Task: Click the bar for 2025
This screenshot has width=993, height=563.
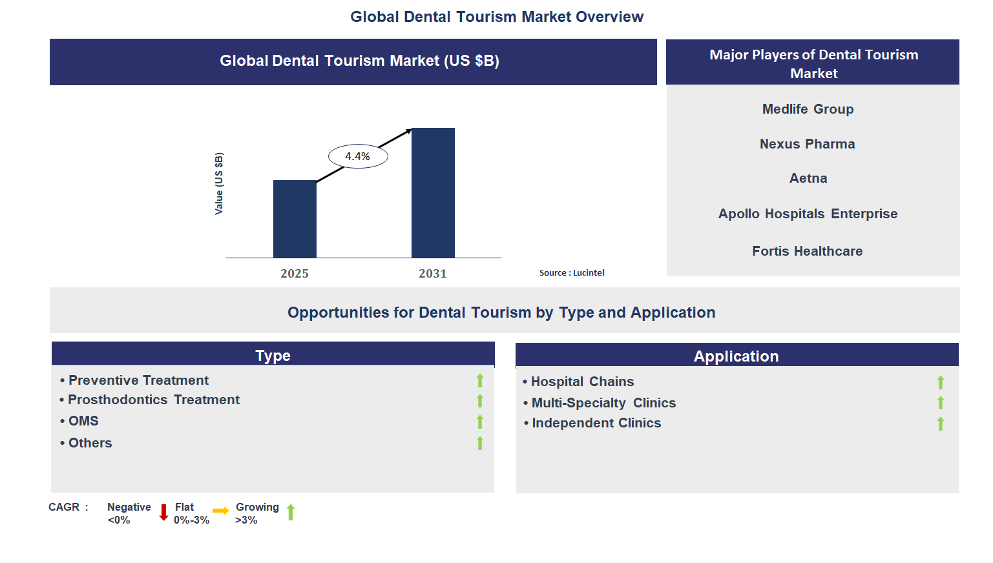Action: (x=295, y=219)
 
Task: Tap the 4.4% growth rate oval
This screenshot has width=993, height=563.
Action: (x=358, y=156)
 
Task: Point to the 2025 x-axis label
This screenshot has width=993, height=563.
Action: (x=295, y=273)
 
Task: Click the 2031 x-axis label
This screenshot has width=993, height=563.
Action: (x=433, y=273)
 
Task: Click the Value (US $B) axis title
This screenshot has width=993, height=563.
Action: (x=219, y=184)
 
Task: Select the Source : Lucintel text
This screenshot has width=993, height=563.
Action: (x=572, y=272)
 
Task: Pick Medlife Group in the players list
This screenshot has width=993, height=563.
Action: (x=808, y=109)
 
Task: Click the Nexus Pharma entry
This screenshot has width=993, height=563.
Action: (x=807, y=144)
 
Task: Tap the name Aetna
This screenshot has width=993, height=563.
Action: (x=808, y=178)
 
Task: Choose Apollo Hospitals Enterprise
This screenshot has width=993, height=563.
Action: (x=808, y=214)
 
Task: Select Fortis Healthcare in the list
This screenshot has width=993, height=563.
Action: (x=807, y=251)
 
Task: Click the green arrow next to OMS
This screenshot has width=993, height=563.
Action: (x=480, y=422)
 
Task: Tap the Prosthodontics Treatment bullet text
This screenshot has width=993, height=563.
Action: (x=154, y=400)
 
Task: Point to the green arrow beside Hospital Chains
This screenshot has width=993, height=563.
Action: (x=941, y=382)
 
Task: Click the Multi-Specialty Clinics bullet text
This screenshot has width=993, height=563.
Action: (x=603, y=403)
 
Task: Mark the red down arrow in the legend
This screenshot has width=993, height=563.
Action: (x=163, y=513)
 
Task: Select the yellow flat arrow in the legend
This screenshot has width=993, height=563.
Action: (x=220, y=511)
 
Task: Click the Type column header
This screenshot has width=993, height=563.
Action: (x=273, y=355)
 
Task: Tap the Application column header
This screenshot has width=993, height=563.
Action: (x=736, y=356)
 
